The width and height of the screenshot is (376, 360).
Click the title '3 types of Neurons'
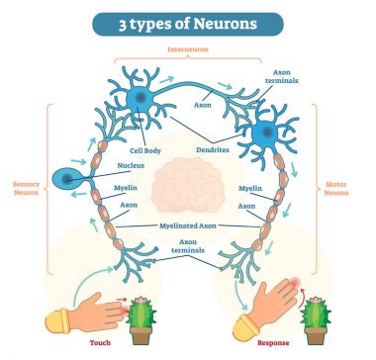tap(187, 23)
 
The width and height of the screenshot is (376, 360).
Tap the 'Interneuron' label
tap(189, 49)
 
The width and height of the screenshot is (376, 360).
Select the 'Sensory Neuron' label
tap(26, 188)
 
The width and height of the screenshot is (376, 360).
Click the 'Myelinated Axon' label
tap(188, 225)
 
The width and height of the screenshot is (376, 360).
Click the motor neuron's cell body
tap(267, 133)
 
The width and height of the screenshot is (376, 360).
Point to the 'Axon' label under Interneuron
tap(203, 103)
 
